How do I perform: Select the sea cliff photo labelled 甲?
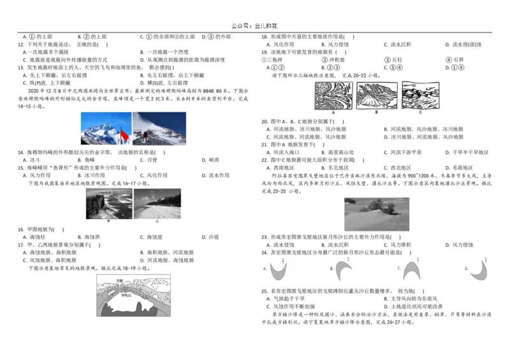coord(108,203)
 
